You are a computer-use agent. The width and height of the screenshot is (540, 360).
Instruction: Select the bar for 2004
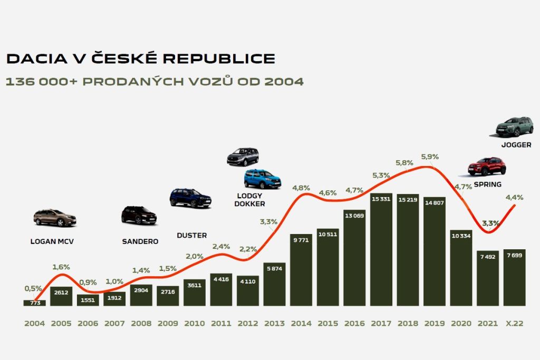(34, 303)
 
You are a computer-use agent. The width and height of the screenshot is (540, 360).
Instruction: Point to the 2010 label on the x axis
(194, 324)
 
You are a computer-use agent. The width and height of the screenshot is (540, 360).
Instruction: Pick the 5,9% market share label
(430, 157)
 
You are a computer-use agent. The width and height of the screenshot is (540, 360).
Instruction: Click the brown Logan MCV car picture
(55, 218)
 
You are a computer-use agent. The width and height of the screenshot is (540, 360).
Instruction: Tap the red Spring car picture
(487, 166)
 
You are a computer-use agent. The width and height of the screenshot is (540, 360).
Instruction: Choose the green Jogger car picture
(514, 127)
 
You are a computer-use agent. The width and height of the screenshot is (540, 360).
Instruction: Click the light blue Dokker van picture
(263, 179)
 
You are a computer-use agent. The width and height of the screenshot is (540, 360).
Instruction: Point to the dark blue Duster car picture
(190, 198)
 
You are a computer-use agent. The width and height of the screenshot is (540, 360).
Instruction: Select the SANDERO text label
(140, 241)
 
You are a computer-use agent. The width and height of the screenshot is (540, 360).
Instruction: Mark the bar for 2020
(461, 268)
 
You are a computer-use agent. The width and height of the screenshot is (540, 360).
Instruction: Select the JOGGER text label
(516, 144)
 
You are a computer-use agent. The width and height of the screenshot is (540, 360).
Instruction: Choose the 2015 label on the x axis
(327, 324)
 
